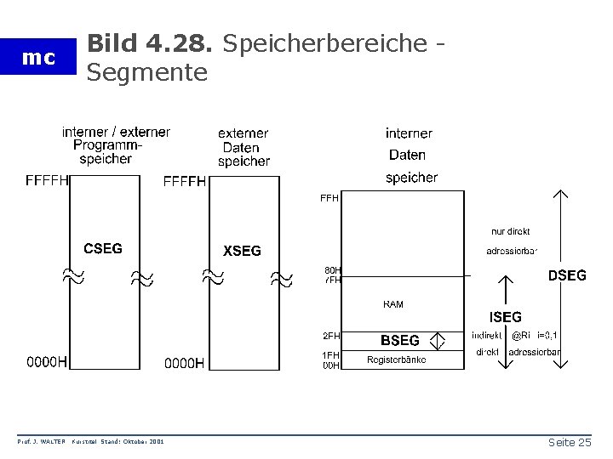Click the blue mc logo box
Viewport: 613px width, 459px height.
click(x=38, y=59)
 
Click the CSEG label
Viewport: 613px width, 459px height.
click(x=102, y=248)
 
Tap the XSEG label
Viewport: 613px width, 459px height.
click(x=242, y=250)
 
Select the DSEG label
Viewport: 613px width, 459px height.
click(x=567, y=275)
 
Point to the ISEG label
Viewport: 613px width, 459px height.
click(x=506, y=317)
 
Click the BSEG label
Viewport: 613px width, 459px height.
click(x=399, y=340)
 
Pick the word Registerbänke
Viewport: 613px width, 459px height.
click(x=397, y=360)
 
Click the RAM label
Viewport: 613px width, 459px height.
click(x=392, y=303)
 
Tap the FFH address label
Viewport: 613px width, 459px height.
click(x=329, y=198)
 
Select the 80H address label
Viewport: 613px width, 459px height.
click(x=331, y=270)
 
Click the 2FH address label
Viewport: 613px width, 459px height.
click(x=330, y=336)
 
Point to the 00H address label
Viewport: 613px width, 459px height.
click(x=330, y=365)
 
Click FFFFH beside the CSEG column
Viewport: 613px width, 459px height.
click(x=48, y=180)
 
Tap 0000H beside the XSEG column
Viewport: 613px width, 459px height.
click(x=185, y=363)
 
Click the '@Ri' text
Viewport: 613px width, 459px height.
click(x=520, y=335)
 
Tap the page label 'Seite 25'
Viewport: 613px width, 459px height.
click(x=569, y=443)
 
